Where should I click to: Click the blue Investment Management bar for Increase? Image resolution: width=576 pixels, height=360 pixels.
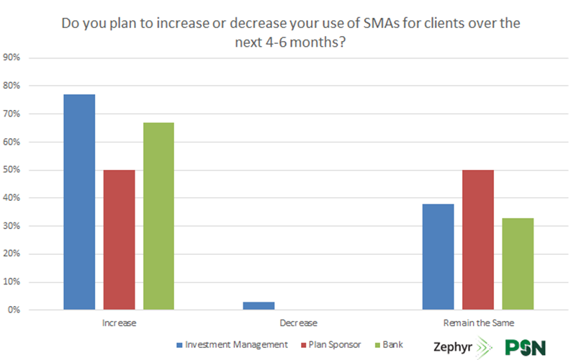click(x=79, y=202)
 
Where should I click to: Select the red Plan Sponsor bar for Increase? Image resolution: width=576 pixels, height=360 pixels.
click(x=119, y=240)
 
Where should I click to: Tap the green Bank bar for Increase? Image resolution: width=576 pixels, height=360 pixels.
click(x=158, y=216)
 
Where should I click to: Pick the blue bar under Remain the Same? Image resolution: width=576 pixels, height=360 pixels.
click(x=438, y=257)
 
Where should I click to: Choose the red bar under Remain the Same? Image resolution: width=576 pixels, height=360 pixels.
click(x=477, y=240)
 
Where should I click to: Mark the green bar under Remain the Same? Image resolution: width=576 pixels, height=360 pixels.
click(x=518, y=264)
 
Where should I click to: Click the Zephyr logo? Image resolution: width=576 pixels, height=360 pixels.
click(x=464, y=346)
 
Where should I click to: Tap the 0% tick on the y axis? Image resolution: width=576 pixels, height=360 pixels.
click(x=16, y=310)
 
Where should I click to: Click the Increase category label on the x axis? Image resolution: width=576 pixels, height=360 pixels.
click(x=119, y=323)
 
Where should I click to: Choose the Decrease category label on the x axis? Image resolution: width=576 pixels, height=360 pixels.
click(x=298, y=323)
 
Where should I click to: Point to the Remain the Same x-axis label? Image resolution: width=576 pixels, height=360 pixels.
click(x=477, y=323)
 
